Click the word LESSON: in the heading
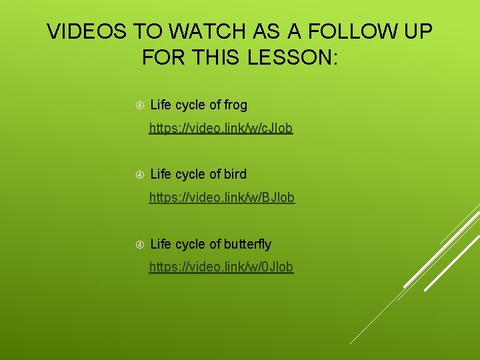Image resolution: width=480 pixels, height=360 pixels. tap(293, 57)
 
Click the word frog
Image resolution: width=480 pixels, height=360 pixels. tap(235, 105)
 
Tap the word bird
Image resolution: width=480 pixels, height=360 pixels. tap(235, 174)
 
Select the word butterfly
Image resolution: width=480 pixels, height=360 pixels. tap(247, 244)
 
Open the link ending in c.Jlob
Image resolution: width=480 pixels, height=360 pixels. tap(221, 128)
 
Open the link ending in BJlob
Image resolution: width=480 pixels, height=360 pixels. tap(221, 197)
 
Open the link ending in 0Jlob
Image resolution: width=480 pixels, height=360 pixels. tap(221, 267)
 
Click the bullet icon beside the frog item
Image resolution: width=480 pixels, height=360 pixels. tap(140, 105)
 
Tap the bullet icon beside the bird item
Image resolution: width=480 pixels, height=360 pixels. tap(140, 175)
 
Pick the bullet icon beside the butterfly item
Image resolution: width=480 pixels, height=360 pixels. tap(140, 245)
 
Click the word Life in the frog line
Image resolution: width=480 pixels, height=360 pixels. tap(161, 105)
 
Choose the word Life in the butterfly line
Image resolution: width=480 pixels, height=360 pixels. tap(161, 244)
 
